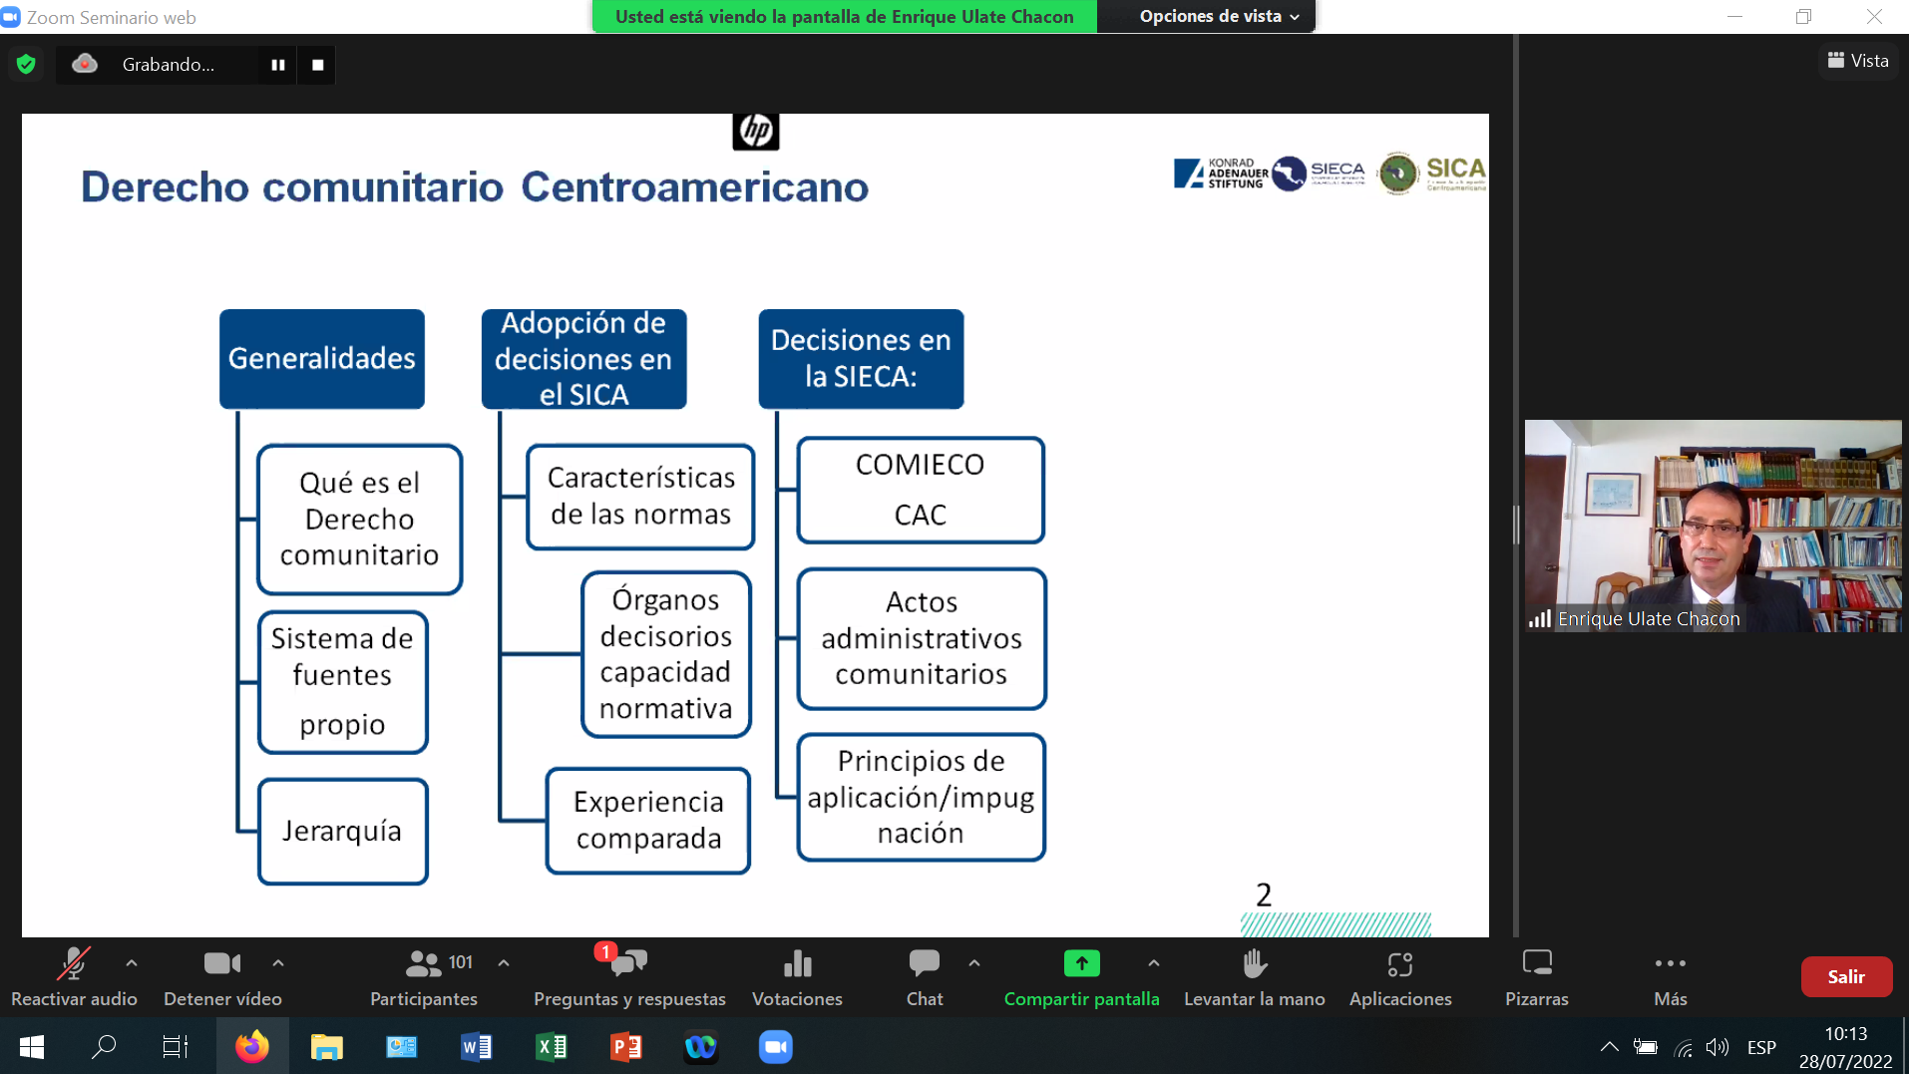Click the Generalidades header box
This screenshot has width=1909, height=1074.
[321, 358]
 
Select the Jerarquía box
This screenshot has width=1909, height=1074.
[342, 831]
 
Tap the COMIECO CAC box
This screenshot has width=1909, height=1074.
[920, 490]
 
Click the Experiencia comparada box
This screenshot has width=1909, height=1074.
[648, 820]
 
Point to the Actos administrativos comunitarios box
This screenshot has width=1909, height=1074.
[921, 638]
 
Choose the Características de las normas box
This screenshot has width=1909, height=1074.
[640, 497]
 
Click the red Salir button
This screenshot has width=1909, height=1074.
[1845, 977]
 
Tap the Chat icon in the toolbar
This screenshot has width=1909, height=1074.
[924, 963]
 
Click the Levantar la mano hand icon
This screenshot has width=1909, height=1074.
[1254, 963]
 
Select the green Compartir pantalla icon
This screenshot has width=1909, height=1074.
[1081, 963]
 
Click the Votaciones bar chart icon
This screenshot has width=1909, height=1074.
[797, 963]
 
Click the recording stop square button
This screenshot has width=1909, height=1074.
[317, 65]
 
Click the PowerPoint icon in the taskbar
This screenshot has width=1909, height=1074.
[625, 1047]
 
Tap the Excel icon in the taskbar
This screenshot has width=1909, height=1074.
[551, 1047]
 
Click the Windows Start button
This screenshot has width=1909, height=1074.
[32, 1047]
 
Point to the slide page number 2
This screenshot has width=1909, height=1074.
[1264, 895]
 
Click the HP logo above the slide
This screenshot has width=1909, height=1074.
[755, 131]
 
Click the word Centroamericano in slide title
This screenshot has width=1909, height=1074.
[694, 186]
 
